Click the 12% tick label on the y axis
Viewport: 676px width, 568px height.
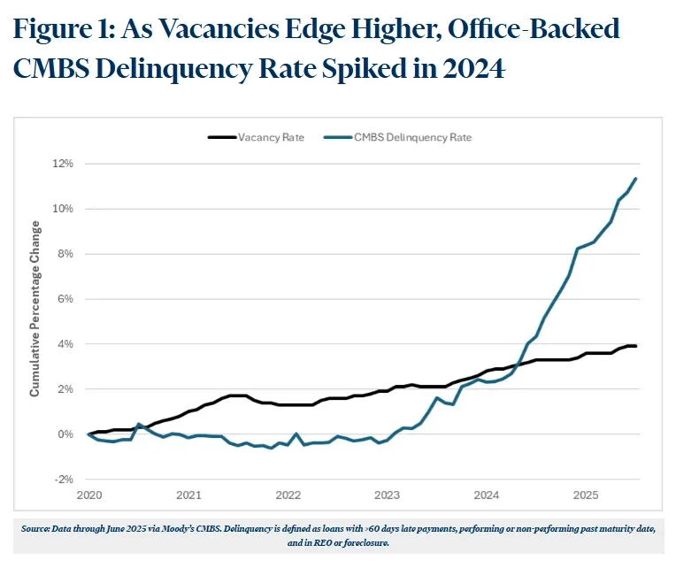click(64, 164)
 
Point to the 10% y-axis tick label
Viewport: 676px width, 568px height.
click(64, 209)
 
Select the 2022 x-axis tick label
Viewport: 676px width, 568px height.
click(287, 494)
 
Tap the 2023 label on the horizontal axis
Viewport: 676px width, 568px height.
click(386, 494)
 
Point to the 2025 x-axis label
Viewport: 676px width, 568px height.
click(584, 494)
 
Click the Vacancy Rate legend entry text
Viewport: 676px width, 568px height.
click(271, 137)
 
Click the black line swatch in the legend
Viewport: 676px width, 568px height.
click(221, 137)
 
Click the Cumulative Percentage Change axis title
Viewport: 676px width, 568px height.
click(35, 321)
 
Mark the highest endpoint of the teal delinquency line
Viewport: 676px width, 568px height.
click(635, 179)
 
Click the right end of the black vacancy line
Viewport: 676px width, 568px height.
click(635, 346)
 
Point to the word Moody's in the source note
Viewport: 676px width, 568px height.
click(181, 528)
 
